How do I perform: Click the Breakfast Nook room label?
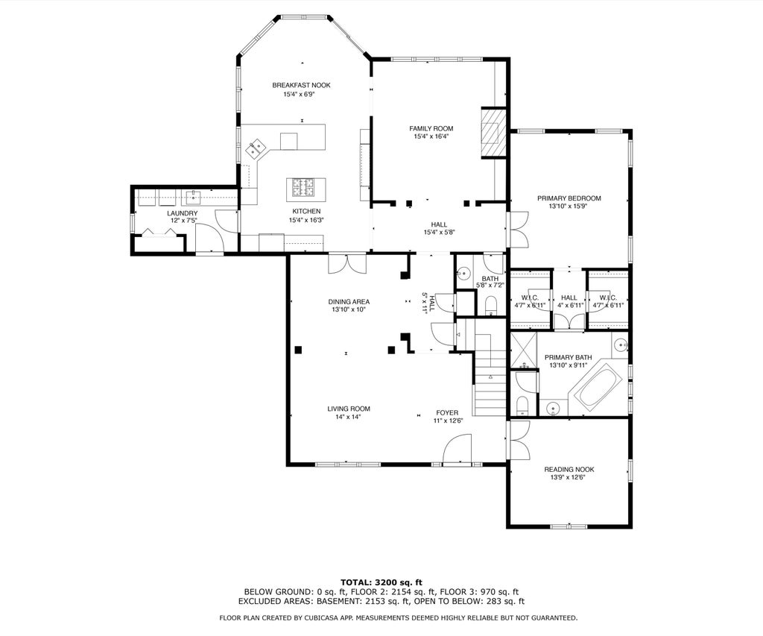tap(301, 85)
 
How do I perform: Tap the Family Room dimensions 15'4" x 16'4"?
tap(431, 137)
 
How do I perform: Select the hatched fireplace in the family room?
tap(494, 133)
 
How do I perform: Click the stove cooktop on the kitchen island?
tap(303, 187)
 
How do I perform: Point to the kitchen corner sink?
tap(256, 148)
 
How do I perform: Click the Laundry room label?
tap(183, 213)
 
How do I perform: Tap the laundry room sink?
tap(193, 198)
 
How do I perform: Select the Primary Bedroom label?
tap(569, 198)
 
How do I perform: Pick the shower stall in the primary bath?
tap(523, 350)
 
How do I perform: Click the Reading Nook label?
tap(569, 470)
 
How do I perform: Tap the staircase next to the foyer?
tap(490, 375)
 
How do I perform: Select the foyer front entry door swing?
tap(458, 448)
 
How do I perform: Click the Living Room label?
tap(349, 409)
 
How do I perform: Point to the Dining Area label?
tap(349, 302)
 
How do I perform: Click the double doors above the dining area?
tap(347, 263)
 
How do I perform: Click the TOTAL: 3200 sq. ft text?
tap(381, 582)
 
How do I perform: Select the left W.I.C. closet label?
tap(530, 297)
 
